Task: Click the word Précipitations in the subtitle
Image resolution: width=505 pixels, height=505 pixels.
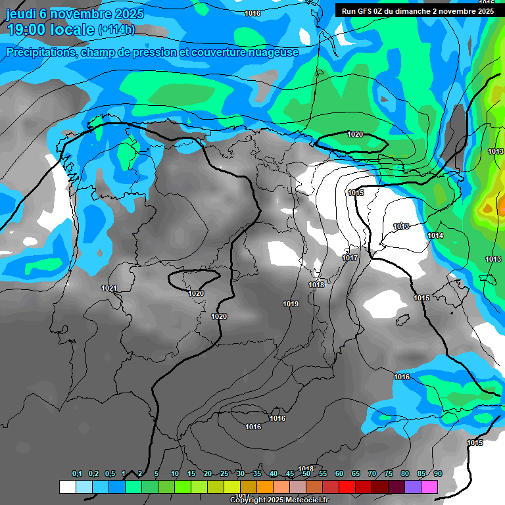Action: point(41,53)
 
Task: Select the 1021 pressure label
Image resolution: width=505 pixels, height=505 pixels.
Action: point(109,288)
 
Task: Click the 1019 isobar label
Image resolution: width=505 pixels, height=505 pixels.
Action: point(291,304)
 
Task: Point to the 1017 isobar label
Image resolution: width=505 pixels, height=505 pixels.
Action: point(350,258)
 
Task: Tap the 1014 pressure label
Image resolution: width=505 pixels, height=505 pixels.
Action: point(435,235)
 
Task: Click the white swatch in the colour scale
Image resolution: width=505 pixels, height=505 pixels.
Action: point(68,487)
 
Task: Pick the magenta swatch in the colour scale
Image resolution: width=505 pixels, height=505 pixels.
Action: point(429,487)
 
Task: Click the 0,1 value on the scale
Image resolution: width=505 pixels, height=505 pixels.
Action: point(77,474)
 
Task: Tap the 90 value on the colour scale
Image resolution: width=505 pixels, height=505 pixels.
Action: point(438,474)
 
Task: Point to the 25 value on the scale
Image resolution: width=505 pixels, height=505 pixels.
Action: point(224,474)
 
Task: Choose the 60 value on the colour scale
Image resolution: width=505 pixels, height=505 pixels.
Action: point(339,474)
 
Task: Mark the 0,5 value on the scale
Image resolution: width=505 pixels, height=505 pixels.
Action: point(110,474)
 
